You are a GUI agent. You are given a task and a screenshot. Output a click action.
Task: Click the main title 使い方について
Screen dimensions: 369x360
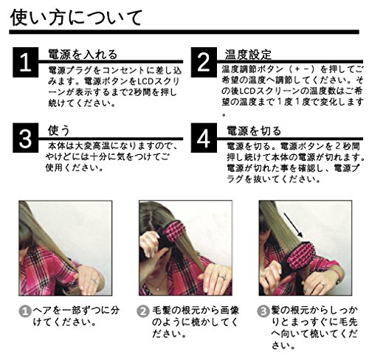click(76, 17)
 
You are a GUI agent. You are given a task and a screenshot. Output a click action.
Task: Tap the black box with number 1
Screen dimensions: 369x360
click(26, 62)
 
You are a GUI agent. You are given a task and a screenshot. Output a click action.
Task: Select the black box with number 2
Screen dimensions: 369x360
click(204, 62)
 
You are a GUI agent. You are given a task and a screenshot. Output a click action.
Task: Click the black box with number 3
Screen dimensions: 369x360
click(26, 138)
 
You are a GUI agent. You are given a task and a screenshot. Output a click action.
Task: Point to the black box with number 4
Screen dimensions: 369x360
click(204, 138)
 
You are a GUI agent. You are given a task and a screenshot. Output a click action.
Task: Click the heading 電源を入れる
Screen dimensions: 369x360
click(83, 55)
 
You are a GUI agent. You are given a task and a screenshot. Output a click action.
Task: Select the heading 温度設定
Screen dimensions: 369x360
click(248, 55)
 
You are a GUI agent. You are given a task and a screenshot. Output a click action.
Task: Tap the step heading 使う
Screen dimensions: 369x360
click(59, 130)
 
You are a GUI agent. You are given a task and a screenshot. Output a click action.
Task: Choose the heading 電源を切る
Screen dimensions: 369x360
click(254, 131)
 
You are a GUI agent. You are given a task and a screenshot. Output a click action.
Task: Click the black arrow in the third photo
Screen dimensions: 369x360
click(293, 225)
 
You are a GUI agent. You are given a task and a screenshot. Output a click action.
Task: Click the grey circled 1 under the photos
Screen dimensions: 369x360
click(25, 311)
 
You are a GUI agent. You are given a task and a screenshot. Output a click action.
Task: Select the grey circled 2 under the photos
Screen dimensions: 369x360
click(143, 311)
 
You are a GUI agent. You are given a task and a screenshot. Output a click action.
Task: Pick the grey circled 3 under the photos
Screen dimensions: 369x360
click(263, 311)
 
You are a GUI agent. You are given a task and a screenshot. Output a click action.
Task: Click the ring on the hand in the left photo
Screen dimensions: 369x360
click(94, 280)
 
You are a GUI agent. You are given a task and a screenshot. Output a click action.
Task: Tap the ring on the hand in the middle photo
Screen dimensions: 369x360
click(222, 277)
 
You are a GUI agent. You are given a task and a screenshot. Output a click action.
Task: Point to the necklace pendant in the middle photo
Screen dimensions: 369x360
click(158, 289)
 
